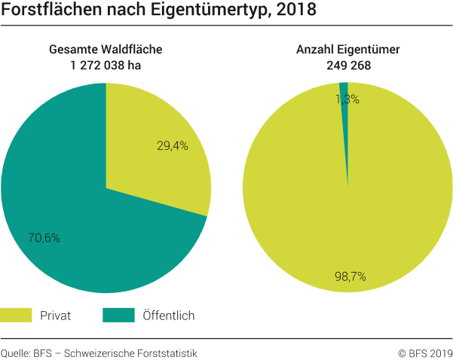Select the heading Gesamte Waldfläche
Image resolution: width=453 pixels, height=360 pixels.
coord(106,50)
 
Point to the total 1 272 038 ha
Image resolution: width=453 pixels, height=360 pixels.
coord(106,65)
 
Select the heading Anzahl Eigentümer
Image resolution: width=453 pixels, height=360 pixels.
coord(347,50)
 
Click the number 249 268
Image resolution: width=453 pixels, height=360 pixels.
coord(347,65)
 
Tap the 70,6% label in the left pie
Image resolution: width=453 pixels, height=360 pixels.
coord(44,237)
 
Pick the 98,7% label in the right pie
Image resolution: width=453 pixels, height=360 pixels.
coord(350,276)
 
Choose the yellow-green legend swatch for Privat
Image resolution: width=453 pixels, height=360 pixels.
coord(17,315)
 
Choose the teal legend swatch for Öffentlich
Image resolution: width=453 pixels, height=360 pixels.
coord(118,315)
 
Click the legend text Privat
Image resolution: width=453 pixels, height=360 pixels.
coord(56,316)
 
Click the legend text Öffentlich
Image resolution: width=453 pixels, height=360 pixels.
coord(168,316)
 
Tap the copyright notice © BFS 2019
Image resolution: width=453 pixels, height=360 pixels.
coord(425,352)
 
